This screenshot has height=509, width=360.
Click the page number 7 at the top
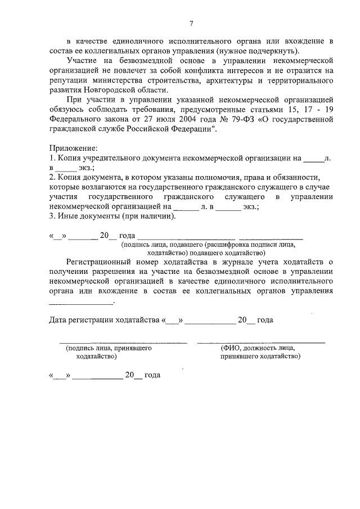click(x=191, y=23)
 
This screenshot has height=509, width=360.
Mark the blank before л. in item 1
click(x=313, y=158)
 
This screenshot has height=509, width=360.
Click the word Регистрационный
click(x=98, y=262)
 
